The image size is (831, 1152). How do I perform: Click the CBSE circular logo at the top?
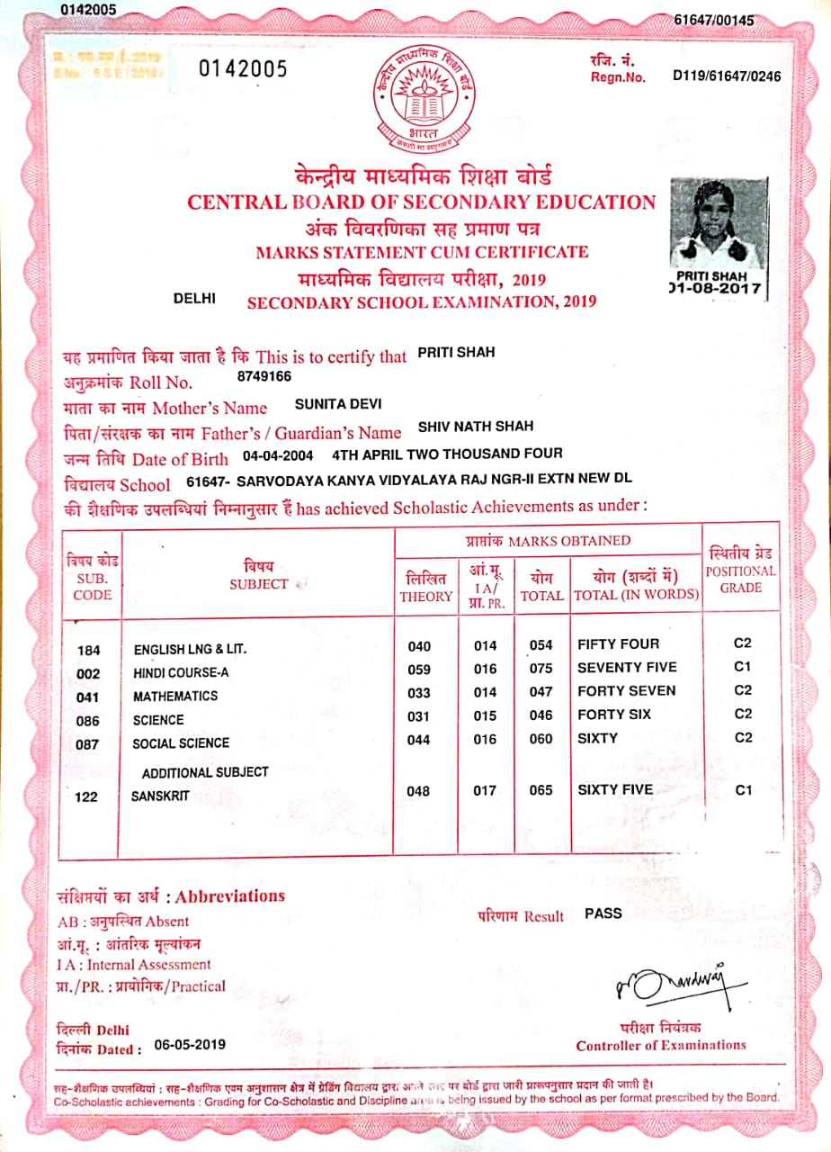[415, 98]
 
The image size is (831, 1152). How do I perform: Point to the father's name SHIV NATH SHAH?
[476, 426]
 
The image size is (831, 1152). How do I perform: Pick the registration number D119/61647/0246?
[727, 76]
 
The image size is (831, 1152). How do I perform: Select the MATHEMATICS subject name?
[175, 697]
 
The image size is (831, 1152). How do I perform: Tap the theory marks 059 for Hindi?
[419, 669]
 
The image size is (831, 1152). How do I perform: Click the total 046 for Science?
[541, 715]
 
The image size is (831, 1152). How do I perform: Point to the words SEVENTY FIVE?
[627, 668]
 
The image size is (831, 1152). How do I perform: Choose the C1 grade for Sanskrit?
[743, 790]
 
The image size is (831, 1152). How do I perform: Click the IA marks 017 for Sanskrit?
[485, 792]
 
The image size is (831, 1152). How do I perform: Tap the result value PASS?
[603, 913]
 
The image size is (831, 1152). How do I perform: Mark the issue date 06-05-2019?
[191, 1045]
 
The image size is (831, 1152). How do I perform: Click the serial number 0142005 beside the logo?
[243, 69]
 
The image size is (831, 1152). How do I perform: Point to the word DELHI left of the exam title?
[193, 298]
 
